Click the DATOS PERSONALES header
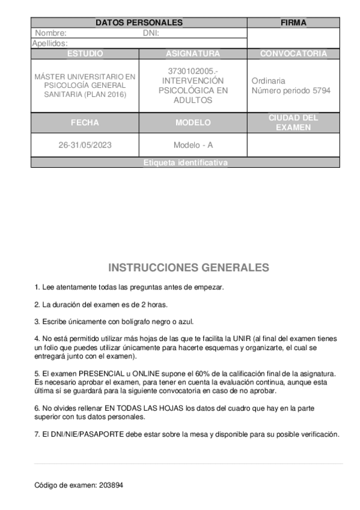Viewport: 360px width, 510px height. (x=139, y=23)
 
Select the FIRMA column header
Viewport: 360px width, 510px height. (x=293, y=23)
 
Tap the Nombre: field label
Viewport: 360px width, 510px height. (x=50, y=33)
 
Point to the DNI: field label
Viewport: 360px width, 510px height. (x=150, y=33)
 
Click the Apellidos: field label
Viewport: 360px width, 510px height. (x=49, y=43)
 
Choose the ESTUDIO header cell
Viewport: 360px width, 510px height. (x=85, y=54)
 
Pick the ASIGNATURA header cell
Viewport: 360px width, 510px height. (x=193, y=54)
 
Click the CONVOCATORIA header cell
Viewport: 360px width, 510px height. (x=293, y=54)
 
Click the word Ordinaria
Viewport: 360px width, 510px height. (x=268, y=81)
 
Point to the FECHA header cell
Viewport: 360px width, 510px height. (x=85, y=123)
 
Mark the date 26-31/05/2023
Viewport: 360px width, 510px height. (x=85, y=146)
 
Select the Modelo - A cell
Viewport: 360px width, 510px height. (x=193, y=146)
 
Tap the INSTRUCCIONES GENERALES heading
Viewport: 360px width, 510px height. (x=188, y=267)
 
